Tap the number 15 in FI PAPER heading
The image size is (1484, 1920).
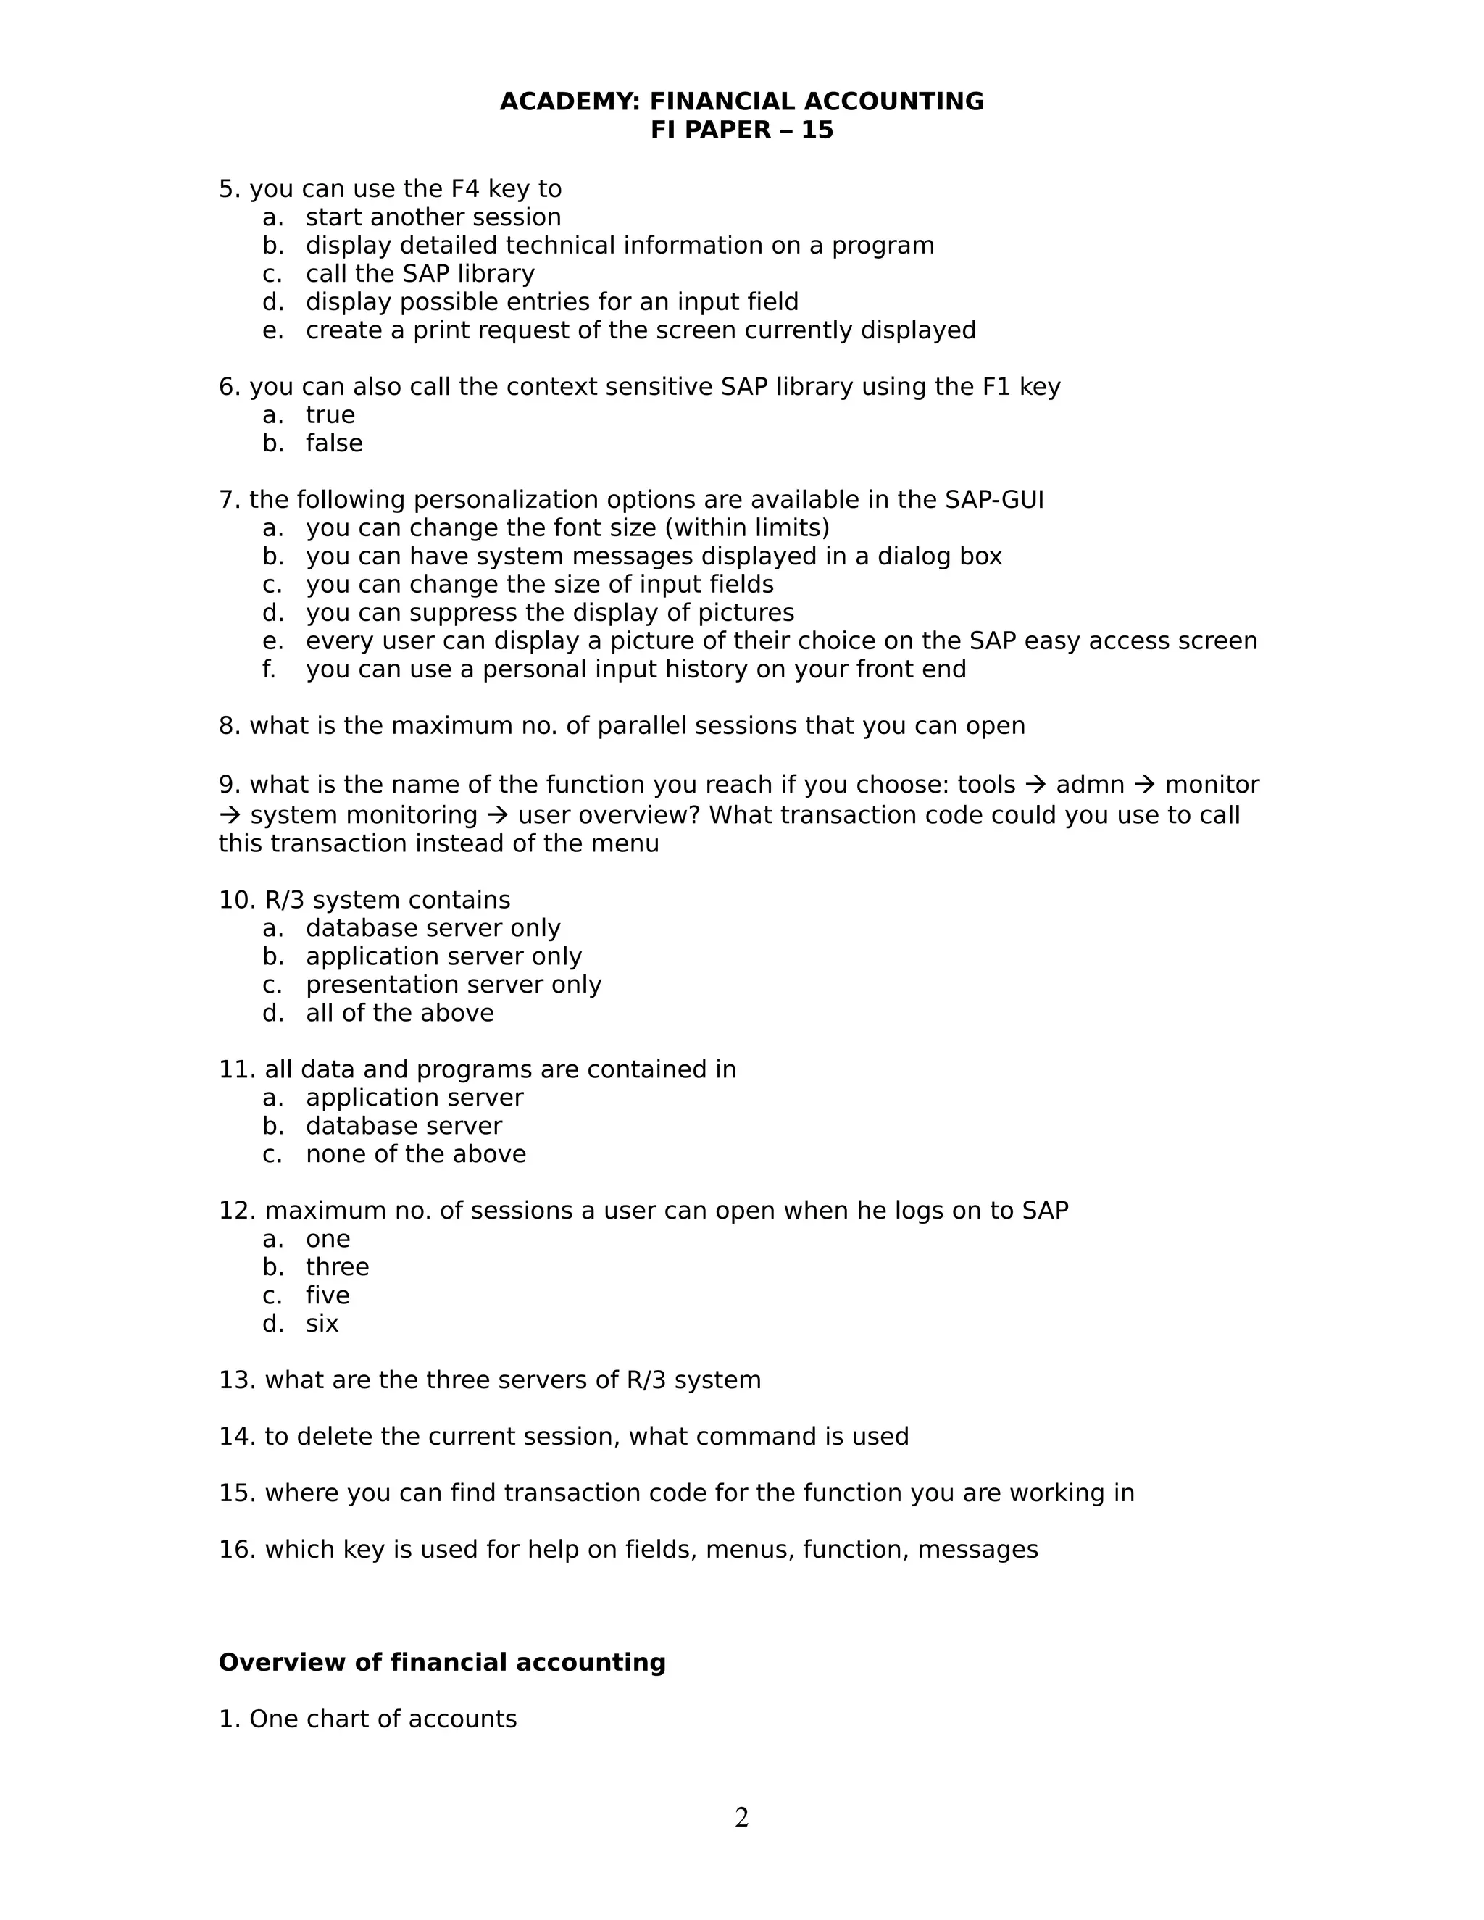coord(817,130)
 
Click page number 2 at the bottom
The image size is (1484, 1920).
coord(741,1817)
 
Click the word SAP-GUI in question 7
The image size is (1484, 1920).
coord(993,499)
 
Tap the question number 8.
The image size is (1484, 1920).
coord(228,725)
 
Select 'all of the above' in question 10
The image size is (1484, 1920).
coord(399,1013)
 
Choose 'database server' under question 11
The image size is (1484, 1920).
coord(404,1125)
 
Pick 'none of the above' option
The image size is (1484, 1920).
coord(415,1153)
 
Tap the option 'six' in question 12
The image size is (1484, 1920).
coord(322,1323)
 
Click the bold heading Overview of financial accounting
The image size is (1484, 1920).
coord(441,1662)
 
